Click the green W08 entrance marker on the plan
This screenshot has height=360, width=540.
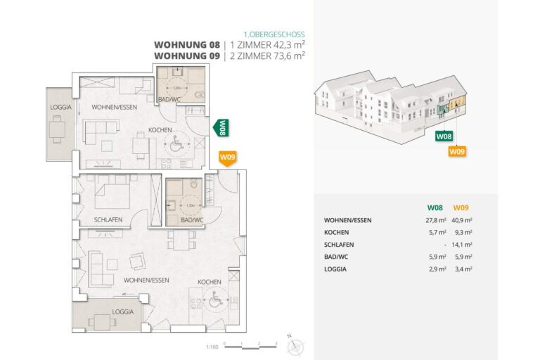pyautogui.click(x=221, y=127)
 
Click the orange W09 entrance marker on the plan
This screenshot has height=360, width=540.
pyautogui.click(x=227, y=157)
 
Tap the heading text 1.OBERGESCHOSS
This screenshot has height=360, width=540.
pyautogui.click(x=274, y=34)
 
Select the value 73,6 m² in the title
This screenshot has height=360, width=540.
pyautogui.click(x=288, y=55)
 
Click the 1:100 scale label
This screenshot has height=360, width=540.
pyautogui.click(x=212, y=346)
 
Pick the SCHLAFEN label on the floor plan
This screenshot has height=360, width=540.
pyautogui.click(x=108, y=219)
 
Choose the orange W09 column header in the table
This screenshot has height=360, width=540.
pyautogui.click(x=461, y=207)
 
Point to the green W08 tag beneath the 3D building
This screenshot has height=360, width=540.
pyautogui.click(x=444, y=136)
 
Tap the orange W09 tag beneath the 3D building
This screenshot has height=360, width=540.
pyautogui.click(x=457, y=150)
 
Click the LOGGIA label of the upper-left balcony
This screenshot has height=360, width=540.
pyautogui.click(x=60, y=106)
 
